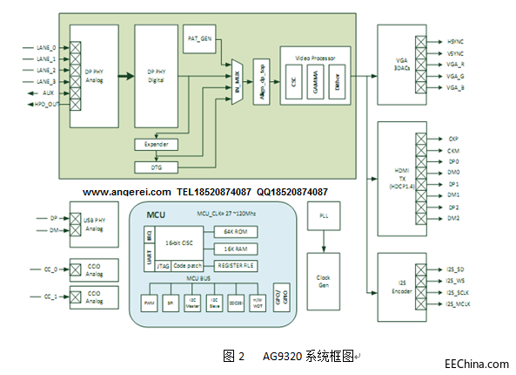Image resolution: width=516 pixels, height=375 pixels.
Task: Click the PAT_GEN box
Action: pyautogui.click(x=199, y=39)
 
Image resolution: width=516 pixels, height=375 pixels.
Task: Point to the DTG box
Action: pyautogui.click(x=157, y=166)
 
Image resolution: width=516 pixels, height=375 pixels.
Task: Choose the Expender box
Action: pyautogui.click(x=157, y=144)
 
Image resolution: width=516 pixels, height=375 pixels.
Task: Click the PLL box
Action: pyautogui.click(x=324, y=215)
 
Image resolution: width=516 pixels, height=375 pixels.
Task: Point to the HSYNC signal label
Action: pyautogui.click(x=457, y=41)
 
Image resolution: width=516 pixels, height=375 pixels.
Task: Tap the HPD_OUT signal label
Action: pyautogui.click(x=45, y=104)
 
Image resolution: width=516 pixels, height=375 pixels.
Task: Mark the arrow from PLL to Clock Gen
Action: pyautogui.click(x=324, y=244)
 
